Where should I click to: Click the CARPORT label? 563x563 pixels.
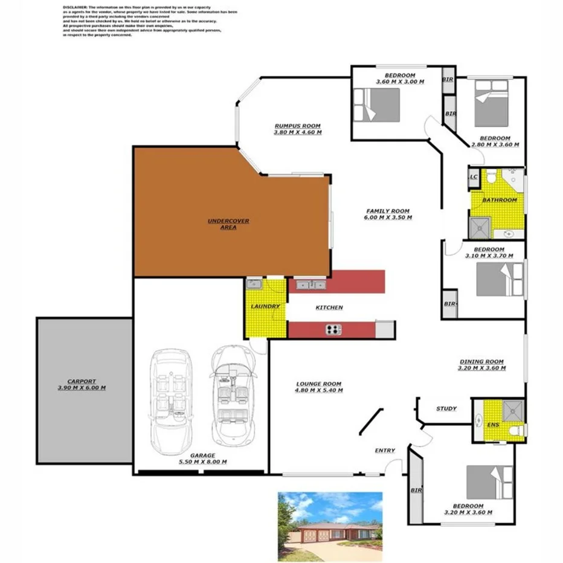81,381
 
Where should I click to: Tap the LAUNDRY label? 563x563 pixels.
265,306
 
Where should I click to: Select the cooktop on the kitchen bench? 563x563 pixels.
333,329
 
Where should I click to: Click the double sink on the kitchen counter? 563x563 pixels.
310,285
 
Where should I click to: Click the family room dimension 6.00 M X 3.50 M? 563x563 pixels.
388,217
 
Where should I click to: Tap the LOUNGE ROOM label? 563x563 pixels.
318,384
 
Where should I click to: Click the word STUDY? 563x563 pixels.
446,409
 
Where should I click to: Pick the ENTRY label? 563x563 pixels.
385,451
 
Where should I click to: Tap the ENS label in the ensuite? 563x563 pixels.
493,425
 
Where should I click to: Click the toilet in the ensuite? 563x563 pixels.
515,431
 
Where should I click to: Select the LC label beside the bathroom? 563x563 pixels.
474,177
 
